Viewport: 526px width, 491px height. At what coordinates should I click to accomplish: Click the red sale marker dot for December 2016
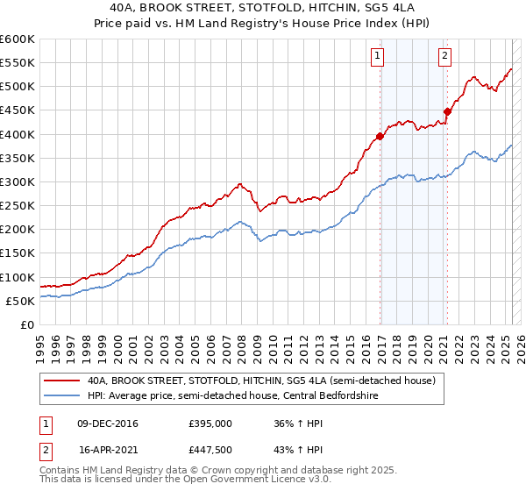point(380,136)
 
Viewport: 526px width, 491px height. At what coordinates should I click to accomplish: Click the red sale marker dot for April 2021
point(447,111)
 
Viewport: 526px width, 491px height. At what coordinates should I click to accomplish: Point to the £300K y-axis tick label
point(18,182)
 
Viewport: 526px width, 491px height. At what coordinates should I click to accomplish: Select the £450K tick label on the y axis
point(18,110)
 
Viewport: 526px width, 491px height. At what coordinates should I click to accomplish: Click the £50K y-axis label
point(21,302)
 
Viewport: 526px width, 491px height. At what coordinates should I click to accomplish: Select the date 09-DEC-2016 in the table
point(108,423)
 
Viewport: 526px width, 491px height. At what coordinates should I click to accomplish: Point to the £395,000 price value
point(210,423)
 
